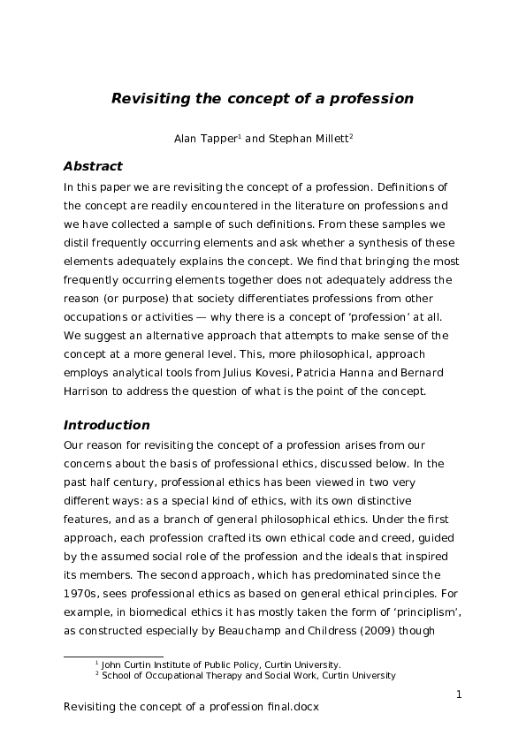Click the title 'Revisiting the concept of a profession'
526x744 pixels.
click(x=263, y=99)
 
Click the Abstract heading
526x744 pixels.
click(x=93, y=166)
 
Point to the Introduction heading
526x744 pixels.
click(x=107, y=425)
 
